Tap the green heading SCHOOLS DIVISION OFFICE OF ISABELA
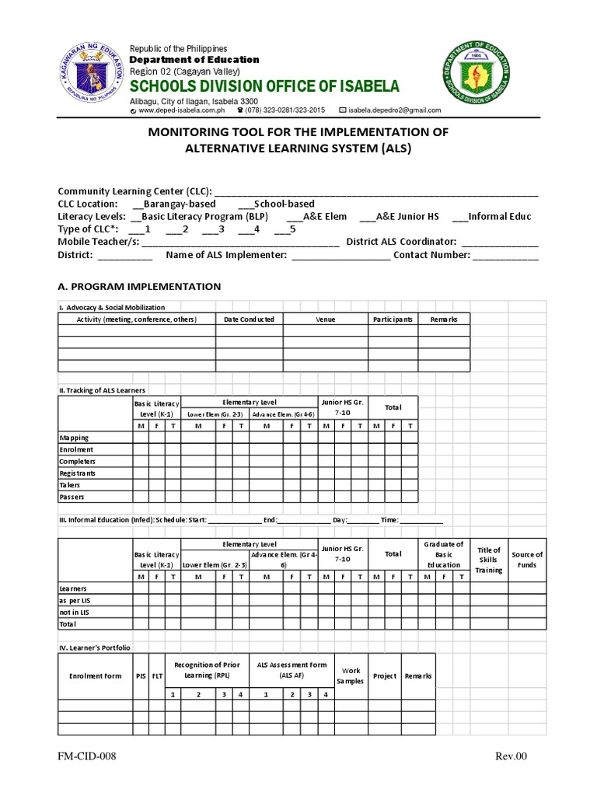[x=264, y=85]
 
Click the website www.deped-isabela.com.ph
[x=176, y=110]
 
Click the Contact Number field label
[x=431, y=254]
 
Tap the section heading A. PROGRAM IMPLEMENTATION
[x=139, y=286]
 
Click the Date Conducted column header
[x=249, y=319]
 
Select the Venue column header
[x=325, y=319]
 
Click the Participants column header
[x=393, y=319]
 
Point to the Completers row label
[x=77, y=461]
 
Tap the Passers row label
[x=72, y=497]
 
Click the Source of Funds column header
[x=527, y=560]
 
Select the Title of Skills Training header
[x=489, y=560]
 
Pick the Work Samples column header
[x=350, y=676]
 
